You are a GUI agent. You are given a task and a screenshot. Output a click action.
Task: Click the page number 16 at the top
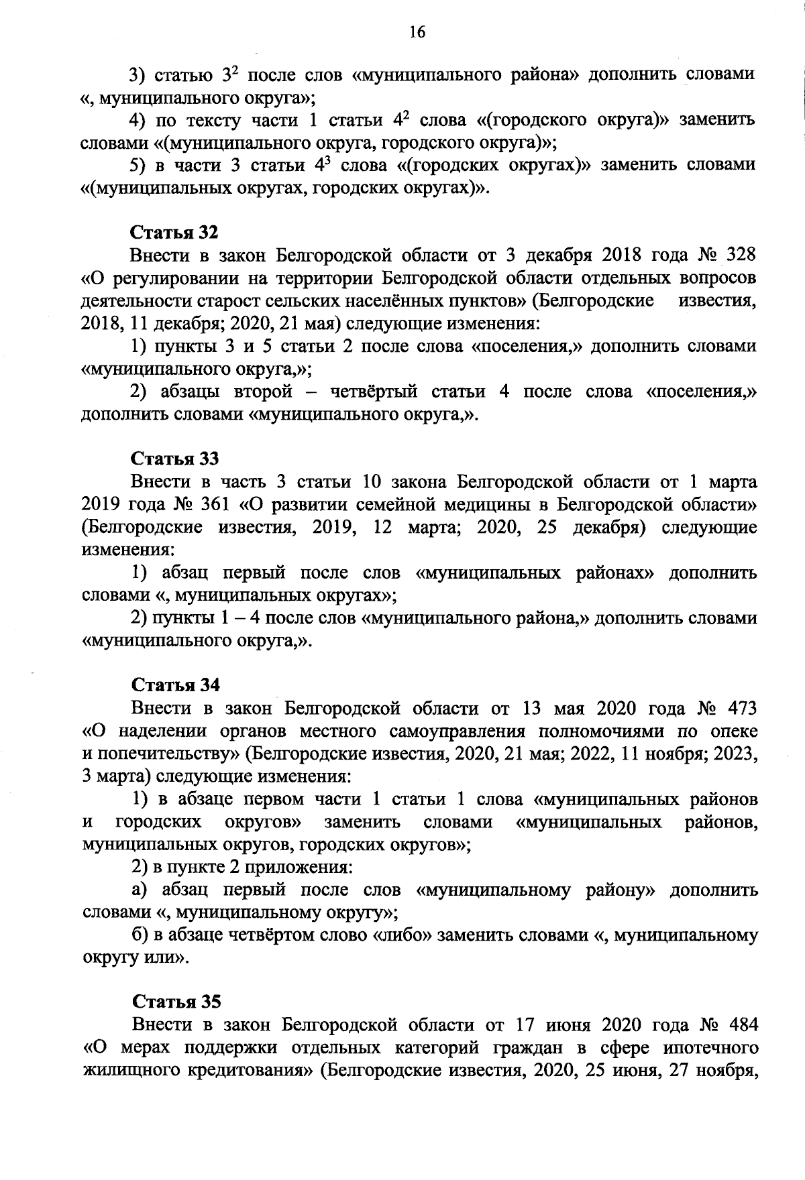(417, 32)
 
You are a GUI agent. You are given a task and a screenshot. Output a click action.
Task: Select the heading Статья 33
(174, 459)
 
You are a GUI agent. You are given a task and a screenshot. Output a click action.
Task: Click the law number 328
(736, 255)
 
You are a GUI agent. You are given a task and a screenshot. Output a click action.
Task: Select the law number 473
(738, 709)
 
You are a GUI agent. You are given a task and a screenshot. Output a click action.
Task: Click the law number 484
(738, 1025)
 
